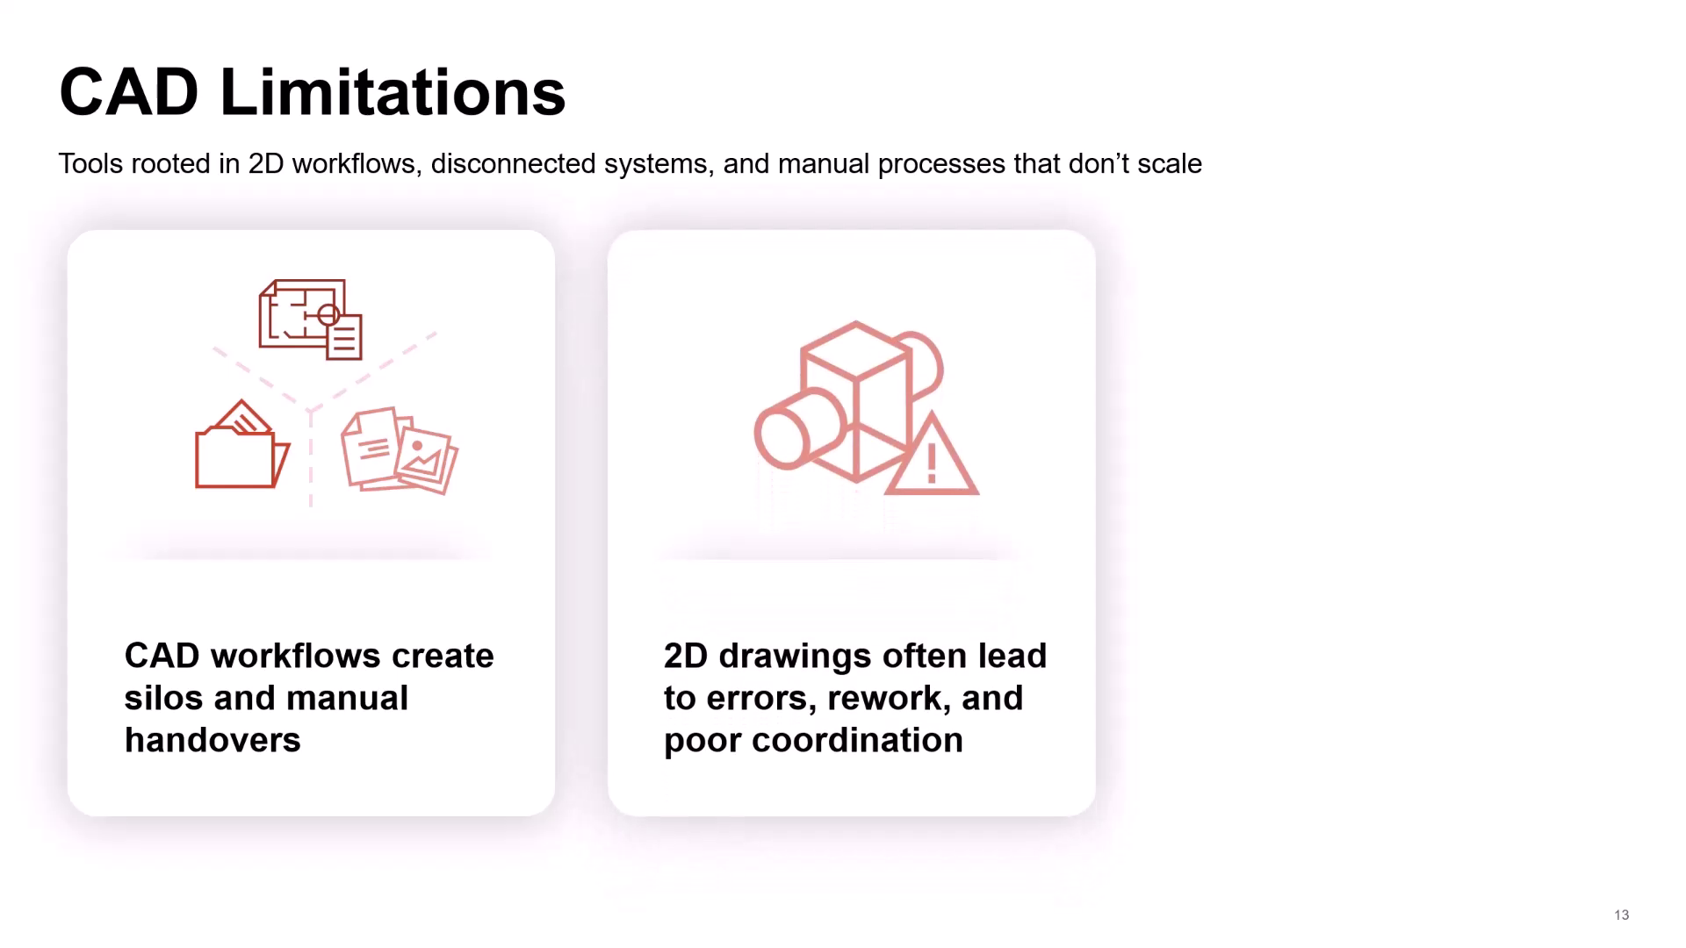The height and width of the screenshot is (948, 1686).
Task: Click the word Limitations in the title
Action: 393,92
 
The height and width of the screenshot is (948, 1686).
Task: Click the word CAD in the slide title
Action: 129,92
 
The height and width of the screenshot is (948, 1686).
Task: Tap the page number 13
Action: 1621,915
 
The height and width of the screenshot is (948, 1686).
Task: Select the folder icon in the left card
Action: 241,445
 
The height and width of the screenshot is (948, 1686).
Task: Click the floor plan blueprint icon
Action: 310,320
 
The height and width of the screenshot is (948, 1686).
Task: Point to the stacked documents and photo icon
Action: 400,450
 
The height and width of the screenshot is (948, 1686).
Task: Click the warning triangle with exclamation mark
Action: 932,455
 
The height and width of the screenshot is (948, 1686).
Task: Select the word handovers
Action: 213,740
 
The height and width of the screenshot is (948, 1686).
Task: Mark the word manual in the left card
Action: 347,698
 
